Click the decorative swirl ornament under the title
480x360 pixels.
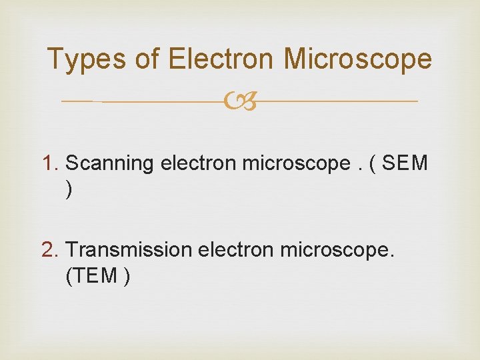[x=240, y=102]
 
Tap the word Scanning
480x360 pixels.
[x=110, y=163]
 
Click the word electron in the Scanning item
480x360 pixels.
[x=198, y=163]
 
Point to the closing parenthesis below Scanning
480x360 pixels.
[x=69, y=191]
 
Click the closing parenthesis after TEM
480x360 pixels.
[x=126, y=277]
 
